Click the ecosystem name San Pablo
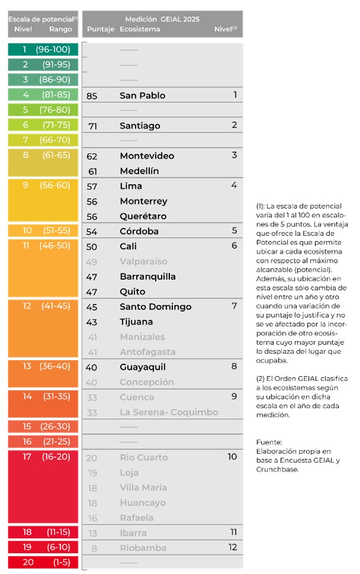[143, 96]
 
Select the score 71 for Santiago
[92, 126]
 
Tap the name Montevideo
[147, 156]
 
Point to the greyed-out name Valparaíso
[143, 261]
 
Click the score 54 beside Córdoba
[92, 231]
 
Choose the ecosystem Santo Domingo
[156, 307]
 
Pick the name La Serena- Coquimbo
[169, 412]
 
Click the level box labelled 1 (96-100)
[43, 49]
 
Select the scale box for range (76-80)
[43, 110]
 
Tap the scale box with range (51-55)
[43, 231]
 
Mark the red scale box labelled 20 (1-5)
[43, 562]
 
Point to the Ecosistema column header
[140, 29]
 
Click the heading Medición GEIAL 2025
[162, 20]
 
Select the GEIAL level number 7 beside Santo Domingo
[234, 306]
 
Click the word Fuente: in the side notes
[269, 442]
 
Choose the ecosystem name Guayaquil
[143, 367]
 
